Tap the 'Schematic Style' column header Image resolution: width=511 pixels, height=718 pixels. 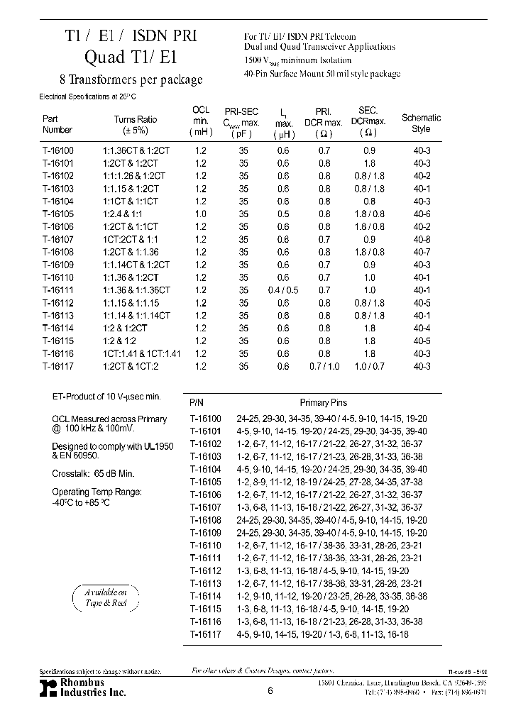coord(421,123)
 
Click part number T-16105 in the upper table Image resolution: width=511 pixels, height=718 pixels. coord(57,214)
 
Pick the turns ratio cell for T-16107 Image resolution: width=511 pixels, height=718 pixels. coord(136,240)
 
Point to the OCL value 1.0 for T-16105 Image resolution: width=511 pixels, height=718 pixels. coord(201,214)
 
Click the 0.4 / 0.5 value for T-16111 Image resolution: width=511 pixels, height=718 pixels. coord(284,290)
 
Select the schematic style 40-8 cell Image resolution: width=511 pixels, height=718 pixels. coord(422,240)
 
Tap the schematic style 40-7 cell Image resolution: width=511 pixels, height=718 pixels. coord(422,253)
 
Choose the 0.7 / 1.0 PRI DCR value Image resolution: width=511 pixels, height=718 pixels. coord(324,366)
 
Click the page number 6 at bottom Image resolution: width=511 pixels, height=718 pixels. coord(270,690)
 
